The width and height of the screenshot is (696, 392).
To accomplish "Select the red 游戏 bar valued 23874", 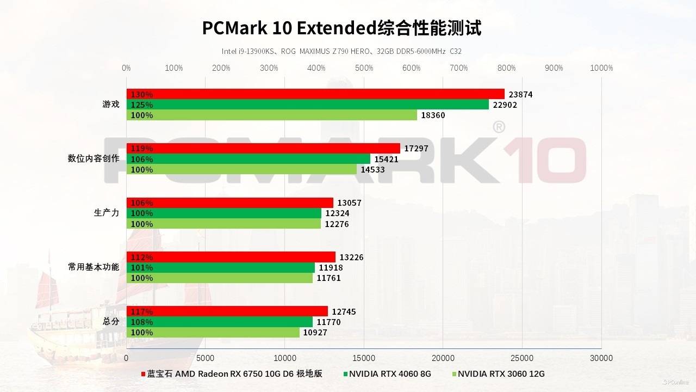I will coord(315,94).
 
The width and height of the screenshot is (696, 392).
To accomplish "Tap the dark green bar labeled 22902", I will coord(307,105).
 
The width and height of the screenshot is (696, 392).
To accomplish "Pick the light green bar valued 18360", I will coord(272,115).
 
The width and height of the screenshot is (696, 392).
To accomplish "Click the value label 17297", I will coord(417,149).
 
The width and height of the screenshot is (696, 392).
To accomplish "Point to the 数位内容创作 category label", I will coord(94,158).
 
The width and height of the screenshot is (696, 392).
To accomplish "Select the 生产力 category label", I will coord(107,213).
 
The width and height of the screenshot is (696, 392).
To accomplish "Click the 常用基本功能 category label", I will coord(94,267).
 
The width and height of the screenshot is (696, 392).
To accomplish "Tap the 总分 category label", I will coord(111,321).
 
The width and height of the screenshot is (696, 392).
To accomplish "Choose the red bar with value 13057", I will coord(229,203).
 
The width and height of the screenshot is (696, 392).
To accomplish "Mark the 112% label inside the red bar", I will coord(142,258).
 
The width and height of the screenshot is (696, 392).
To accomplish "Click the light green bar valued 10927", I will coord(213,332).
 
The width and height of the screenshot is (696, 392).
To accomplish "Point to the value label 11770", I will coord(328,322).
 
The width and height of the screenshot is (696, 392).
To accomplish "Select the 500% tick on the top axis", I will coord(364,68).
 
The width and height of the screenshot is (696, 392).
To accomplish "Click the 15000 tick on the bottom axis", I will coord(364,358).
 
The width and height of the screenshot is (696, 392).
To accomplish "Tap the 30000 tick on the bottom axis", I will coord(601,358).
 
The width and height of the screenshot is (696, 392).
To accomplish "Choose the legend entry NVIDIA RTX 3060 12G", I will coord(501,374).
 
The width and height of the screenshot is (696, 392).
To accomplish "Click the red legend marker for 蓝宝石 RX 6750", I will coord(143,374).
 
